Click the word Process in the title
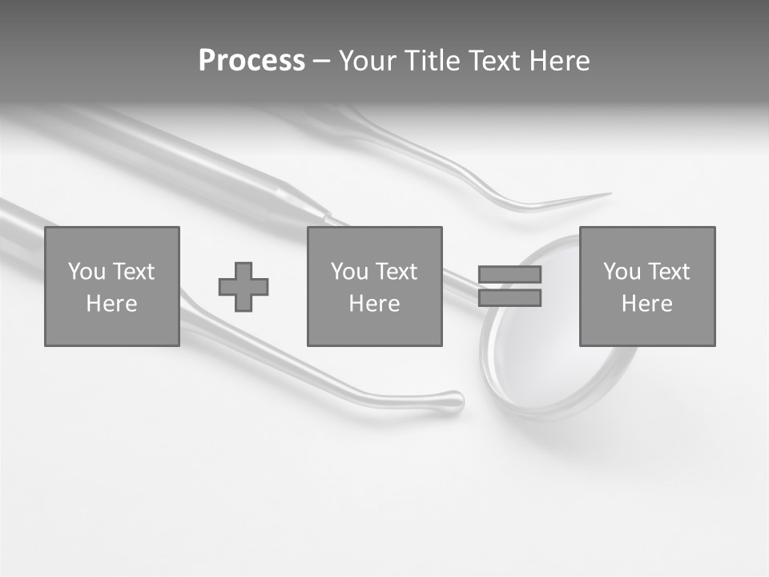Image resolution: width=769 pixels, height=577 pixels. (x=252, y=61)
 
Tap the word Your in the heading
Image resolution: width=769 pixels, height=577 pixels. (x=367, y=61)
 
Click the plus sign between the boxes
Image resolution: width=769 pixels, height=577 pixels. (x=244, y=286)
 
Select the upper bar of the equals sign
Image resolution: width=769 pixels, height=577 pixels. (x=509, y=274)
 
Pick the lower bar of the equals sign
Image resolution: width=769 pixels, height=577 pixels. (x=509, y=298)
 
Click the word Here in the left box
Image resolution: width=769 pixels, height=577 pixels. (x=111, y=304)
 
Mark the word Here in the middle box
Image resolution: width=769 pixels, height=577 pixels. (x=374, y=304)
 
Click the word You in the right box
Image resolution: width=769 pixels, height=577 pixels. (x=622, y=272)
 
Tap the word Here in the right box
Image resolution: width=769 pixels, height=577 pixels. (x=646, y=304)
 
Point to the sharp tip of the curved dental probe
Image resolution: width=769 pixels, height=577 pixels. (x=609, y=193)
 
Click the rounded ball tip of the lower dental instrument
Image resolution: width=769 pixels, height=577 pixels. (x=454, y=400)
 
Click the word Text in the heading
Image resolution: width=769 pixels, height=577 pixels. (x=495, y=61)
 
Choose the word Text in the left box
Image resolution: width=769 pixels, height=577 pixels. (x=133, y=272)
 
